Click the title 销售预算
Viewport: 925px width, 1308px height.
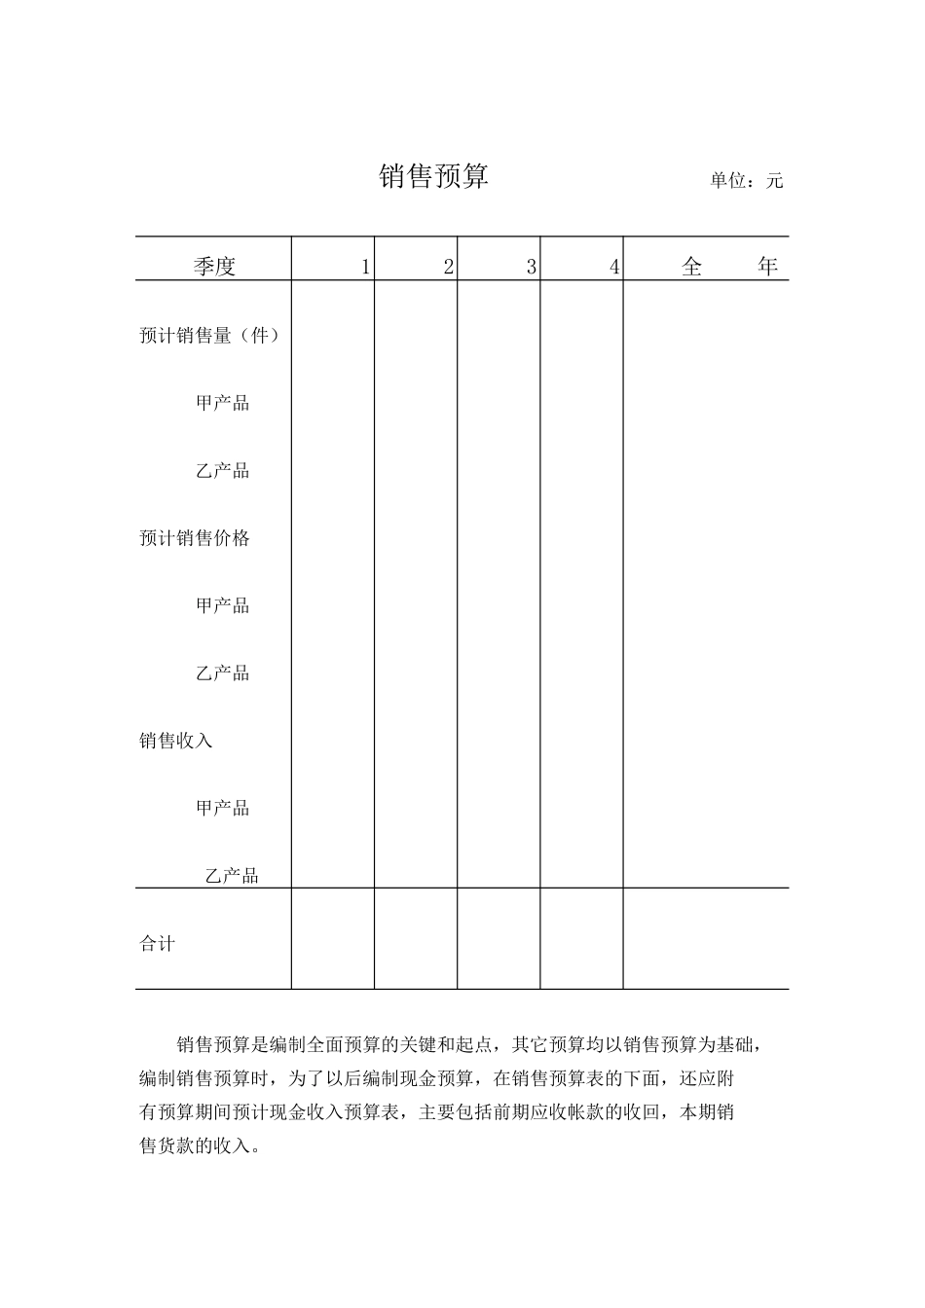click(x=433, y=176)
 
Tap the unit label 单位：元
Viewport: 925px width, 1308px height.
click(x=746, y=180)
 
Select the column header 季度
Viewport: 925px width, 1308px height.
click(x=214, y=266)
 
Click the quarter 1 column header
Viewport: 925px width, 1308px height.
click(x=365, y=267)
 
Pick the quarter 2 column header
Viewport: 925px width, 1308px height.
click(x=448, y=267)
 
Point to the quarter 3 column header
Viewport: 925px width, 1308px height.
click(x=531, y=267)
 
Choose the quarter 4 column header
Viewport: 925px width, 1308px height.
click(x=613, y=267)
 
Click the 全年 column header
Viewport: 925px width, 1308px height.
click(x=729, y=266)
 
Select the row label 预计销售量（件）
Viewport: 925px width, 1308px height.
click(x=210, y=335)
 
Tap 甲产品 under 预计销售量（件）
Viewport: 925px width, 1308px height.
click(x=223, y=403)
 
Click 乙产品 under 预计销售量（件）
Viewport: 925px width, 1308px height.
click(x=223, y=471)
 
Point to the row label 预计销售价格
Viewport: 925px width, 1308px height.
click(x=195, y=538)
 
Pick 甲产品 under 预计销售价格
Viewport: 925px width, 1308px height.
click(x=223, y=605)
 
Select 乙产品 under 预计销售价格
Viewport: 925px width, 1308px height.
click(x=223, y=673)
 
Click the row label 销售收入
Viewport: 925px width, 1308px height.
click(x=176, y=741)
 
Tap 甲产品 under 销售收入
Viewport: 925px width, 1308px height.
click(x=223, y=808)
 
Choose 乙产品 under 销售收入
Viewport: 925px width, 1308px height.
click(x=232, y=876)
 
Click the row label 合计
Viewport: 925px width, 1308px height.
click(x=158, y=943)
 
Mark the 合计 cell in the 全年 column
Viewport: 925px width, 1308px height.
click(x=706, y=939)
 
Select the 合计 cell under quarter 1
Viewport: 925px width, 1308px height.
click(x=333, y=939)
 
